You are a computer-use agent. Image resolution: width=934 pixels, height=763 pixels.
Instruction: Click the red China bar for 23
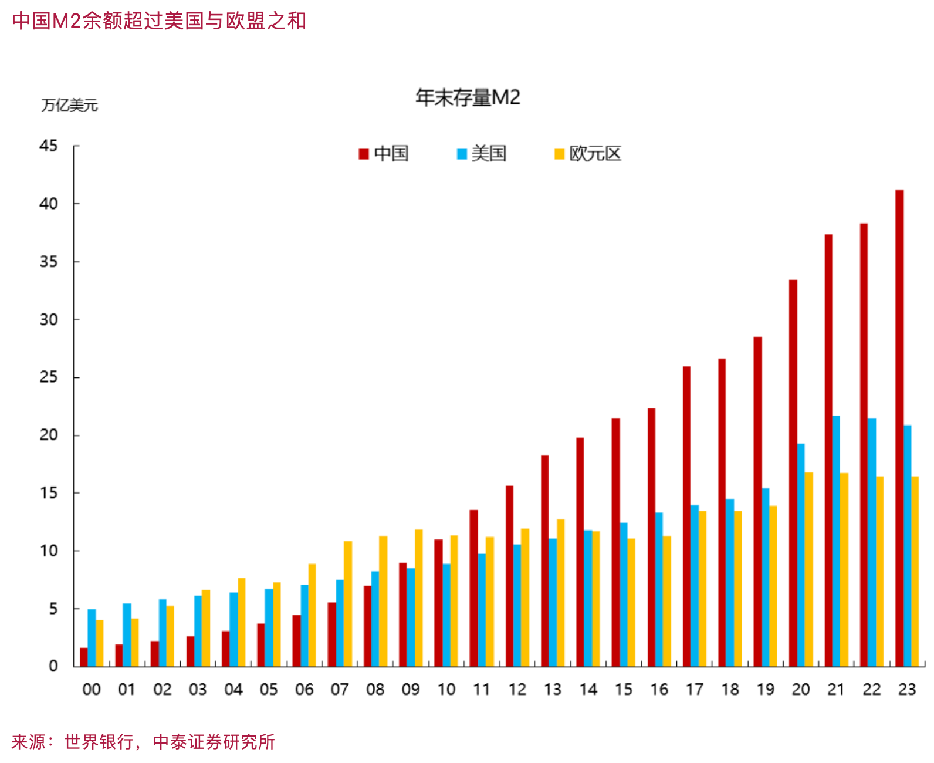point(899,428)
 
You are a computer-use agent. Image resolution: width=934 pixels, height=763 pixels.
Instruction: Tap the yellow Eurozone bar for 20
point(808,569)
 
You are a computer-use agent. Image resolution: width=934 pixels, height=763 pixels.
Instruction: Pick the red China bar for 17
point(686,516)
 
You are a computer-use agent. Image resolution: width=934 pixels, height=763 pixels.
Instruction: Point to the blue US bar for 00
point(92,637)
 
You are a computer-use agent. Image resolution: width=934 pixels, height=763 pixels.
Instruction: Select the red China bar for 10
point(438,603)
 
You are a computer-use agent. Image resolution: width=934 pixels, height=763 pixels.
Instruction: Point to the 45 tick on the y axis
point(49,146)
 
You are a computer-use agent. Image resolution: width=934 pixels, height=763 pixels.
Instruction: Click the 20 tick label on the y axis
point(49,435)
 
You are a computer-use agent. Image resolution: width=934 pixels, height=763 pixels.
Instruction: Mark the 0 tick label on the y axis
point(53,666)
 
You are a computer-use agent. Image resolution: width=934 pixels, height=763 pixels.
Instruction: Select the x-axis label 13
point(553,689)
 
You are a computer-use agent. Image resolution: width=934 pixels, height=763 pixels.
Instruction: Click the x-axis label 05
point(269,689)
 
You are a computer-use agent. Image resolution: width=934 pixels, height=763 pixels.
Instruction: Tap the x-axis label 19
point(766,689)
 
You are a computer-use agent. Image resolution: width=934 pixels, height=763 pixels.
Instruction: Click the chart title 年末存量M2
point(468,97)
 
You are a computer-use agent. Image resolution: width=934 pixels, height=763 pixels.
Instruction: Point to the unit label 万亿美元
point(69,106)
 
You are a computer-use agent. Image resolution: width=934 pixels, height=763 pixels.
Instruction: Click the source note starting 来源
point(143,742)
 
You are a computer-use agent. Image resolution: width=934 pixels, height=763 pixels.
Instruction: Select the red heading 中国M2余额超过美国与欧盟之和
point(159,21)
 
